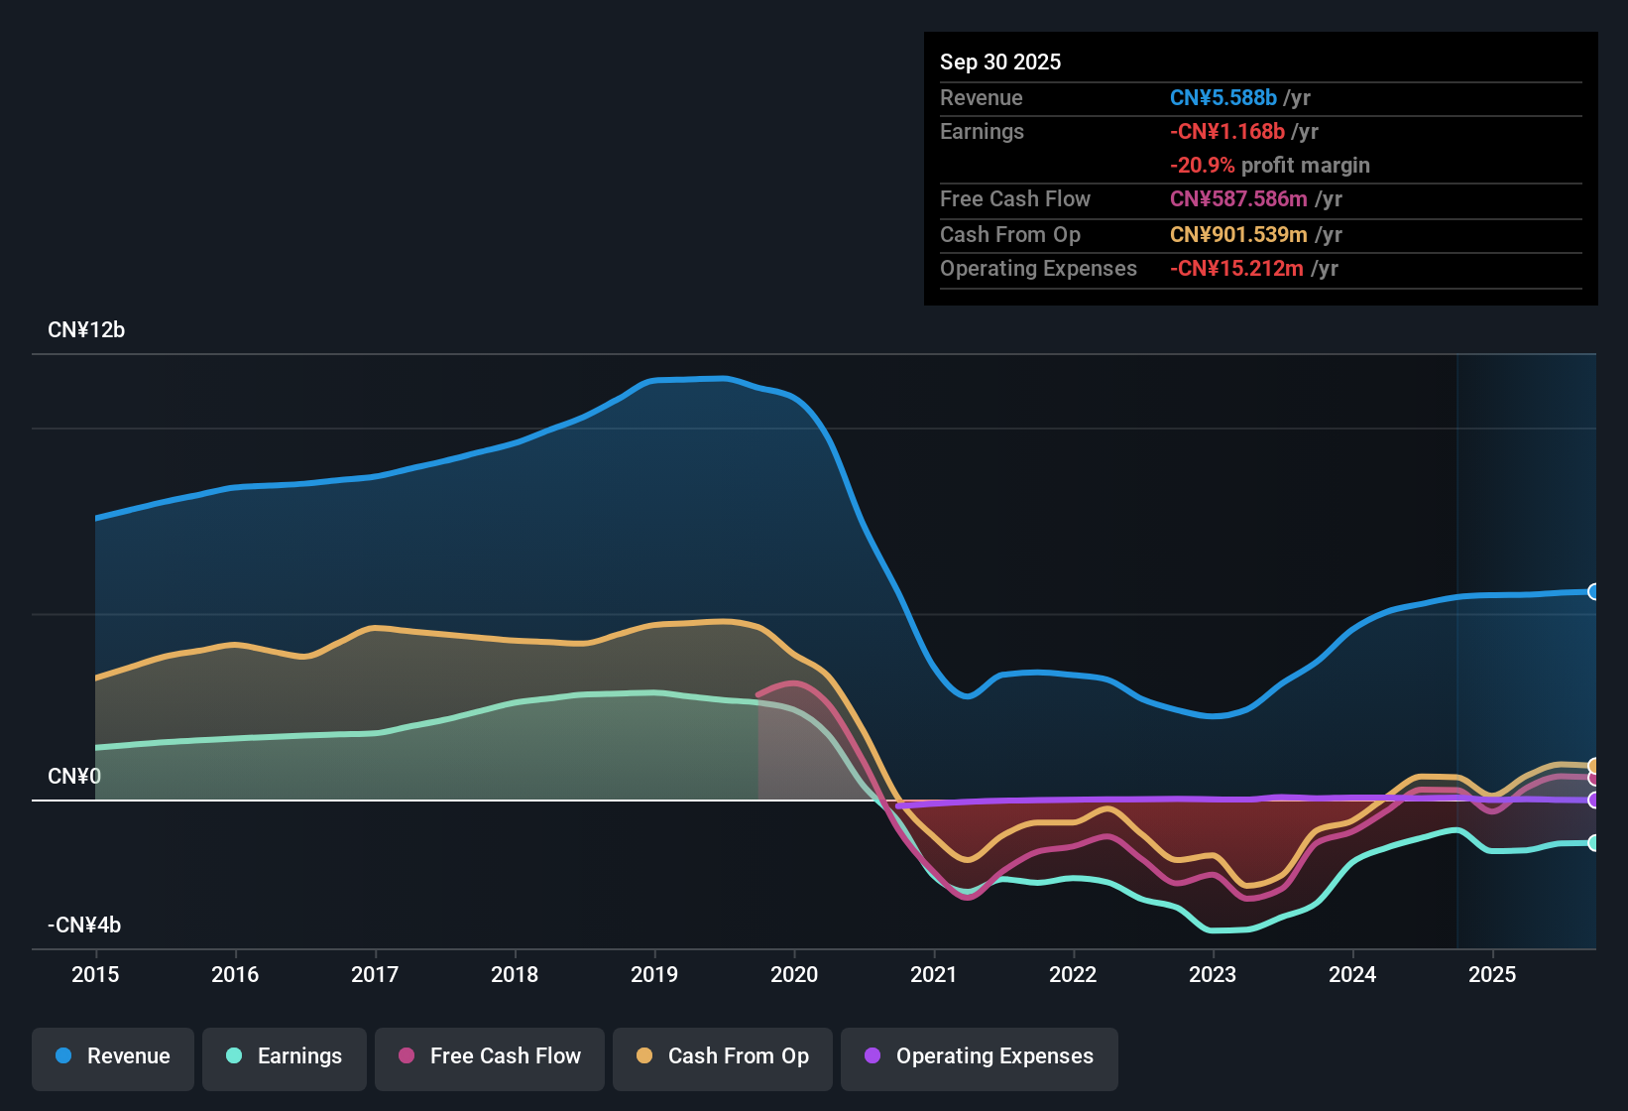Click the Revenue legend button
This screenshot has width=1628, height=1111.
113,1056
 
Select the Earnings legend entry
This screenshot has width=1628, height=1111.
285,1056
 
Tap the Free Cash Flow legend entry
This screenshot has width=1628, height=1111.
490,1056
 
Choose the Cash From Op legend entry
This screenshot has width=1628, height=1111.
723,1056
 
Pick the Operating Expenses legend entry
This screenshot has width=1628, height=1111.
980,1056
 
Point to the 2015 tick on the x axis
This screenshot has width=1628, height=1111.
95,974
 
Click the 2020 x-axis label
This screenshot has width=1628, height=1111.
794,974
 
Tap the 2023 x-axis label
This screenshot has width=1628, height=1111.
1213,974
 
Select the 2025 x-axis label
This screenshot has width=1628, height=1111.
1492,974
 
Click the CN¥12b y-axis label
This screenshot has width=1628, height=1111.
86,330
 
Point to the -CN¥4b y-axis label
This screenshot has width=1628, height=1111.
84,926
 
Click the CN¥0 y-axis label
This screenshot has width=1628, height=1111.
74,777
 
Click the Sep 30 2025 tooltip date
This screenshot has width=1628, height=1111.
1000,62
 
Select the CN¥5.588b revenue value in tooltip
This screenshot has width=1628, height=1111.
1222,98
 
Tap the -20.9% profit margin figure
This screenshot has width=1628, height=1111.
1202,166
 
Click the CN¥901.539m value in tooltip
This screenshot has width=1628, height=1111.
1238,235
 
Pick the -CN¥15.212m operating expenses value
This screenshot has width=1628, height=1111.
1236,269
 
